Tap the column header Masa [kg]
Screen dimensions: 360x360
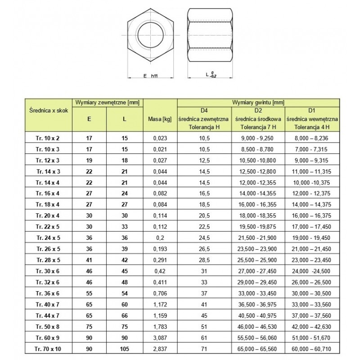[x=160, y=119]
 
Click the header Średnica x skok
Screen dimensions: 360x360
[x=47, y=110]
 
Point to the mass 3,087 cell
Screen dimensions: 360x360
[x=161, y=337]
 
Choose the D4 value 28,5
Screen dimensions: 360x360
[x=205, y=260]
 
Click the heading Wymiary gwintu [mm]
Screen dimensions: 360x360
[x=259, y=103]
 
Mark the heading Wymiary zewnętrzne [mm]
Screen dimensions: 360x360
[x=108, y=103]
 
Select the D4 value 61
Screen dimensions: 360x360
[x=205, y=337]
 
